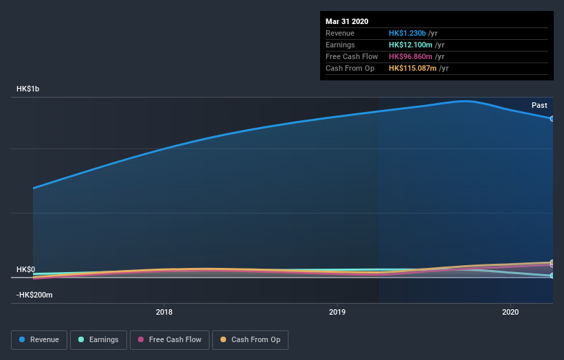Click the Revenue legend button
pyautogui.click(x=39, y=339)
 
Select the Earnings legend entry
pyautogui.click(x=98, y=339)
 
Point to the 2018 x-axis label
pyautogui.click(x=164, y=312)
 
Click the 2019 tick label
pyautogui.click(x=337, y=312)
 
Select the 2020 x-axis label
pyautogui.click(x=510, y=312)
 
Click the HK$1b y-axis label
pyautogui.click(x=28, y=89)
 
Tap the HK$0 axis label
pyautogui.click(x=25, y=270)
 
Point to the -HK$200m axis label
pyautogui.click(x=34, y=295)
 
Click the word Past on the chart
pyautogui.click(x=539, y=105)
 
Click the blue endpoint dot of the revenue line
pyautogui.click(x=552, y=118)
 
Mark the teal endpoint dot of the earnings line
pyautogui.click(x=552, y=275)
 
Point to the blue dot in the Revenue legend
pyautogui.click(x=23, y=339)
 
